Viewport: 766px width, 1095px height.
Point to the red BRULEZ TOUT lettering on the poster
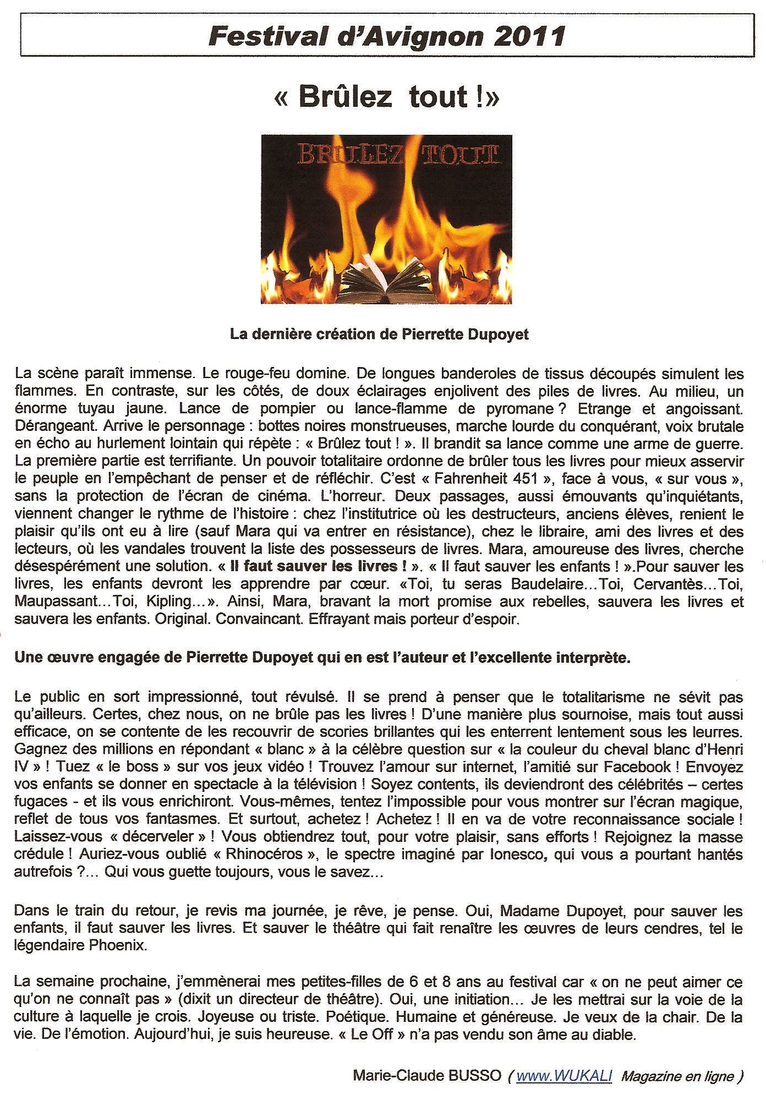[397, 155]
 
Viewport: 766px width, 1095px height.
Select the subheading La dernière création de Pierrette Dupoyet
[379, 335]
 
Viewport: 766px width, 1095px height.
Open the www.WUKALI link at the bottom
[564, 1076]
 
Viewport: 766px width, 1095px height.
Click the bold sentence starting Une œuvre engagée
[322, 658]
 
